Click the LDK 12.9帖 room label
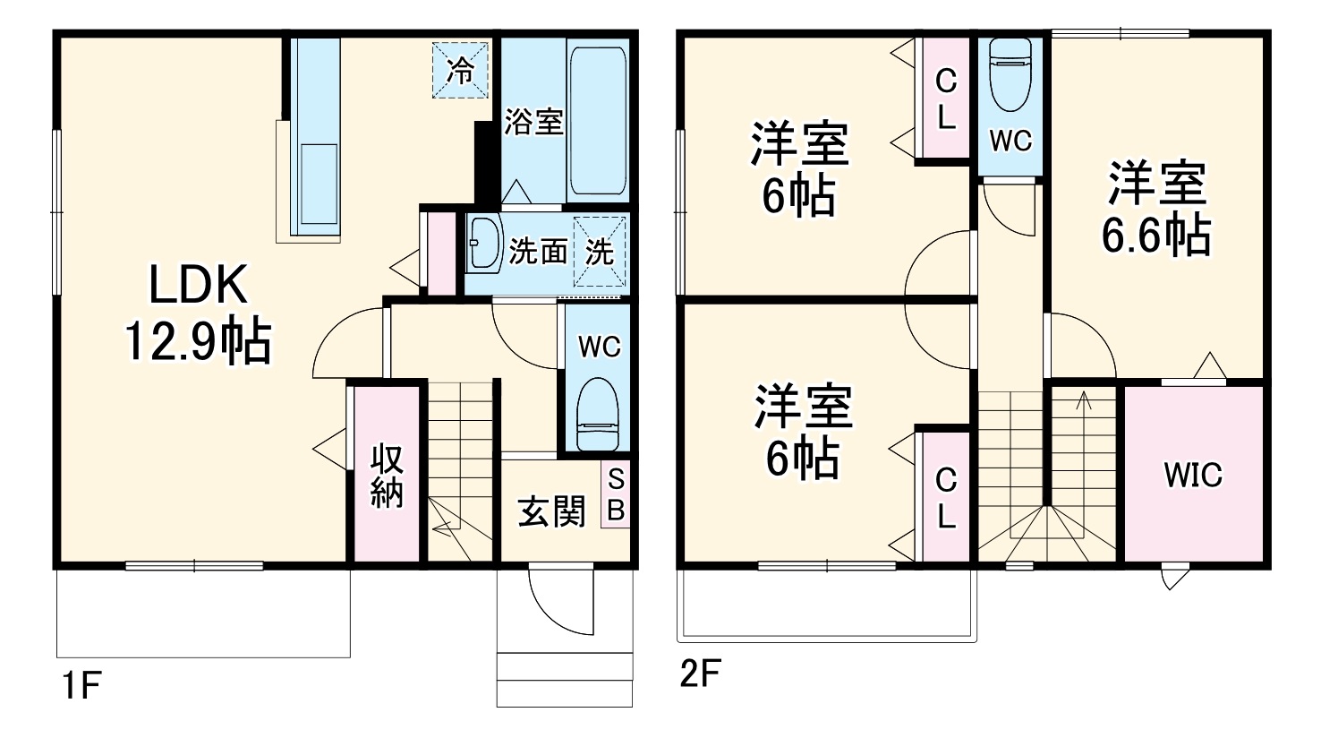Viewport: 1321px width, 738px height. click(x=198, y=313)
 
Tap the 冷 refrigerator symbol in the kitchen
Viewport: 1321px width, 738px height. click(x=460, y=70)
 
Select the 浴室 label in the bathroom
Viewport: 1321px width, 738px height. click(x=533, y=122)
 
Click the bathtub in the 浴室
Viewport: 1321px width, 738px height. click(x=598, y=121)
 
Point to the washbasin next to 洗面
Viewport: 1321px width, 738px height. click(x=484, y=243)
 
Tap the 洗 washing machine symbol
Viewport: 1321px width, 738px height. click(x=599, y=253)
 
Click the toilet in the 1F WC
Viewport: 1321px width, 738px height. click(x=598, y=414)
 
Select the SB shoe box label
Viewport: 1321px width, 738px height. click(x=616, y=495)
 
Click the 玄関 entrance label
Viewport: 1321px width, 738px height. click(x=552, y=511)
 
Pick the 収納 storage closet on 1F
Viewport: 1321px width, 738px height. click(x=387, y=474)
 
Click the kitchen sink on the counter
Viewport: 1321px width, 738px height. click(x=319, y=184)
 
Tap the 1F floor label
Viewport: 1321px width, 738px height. click(x=82, y=685)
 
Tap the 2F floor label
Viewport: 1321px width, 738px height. click(x=701, y=674)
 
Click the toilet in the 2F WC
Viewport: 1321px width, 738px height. click(x=1010, y=74)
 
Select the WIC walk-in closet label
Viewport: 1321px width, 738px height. click(x=1193, y=475)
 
